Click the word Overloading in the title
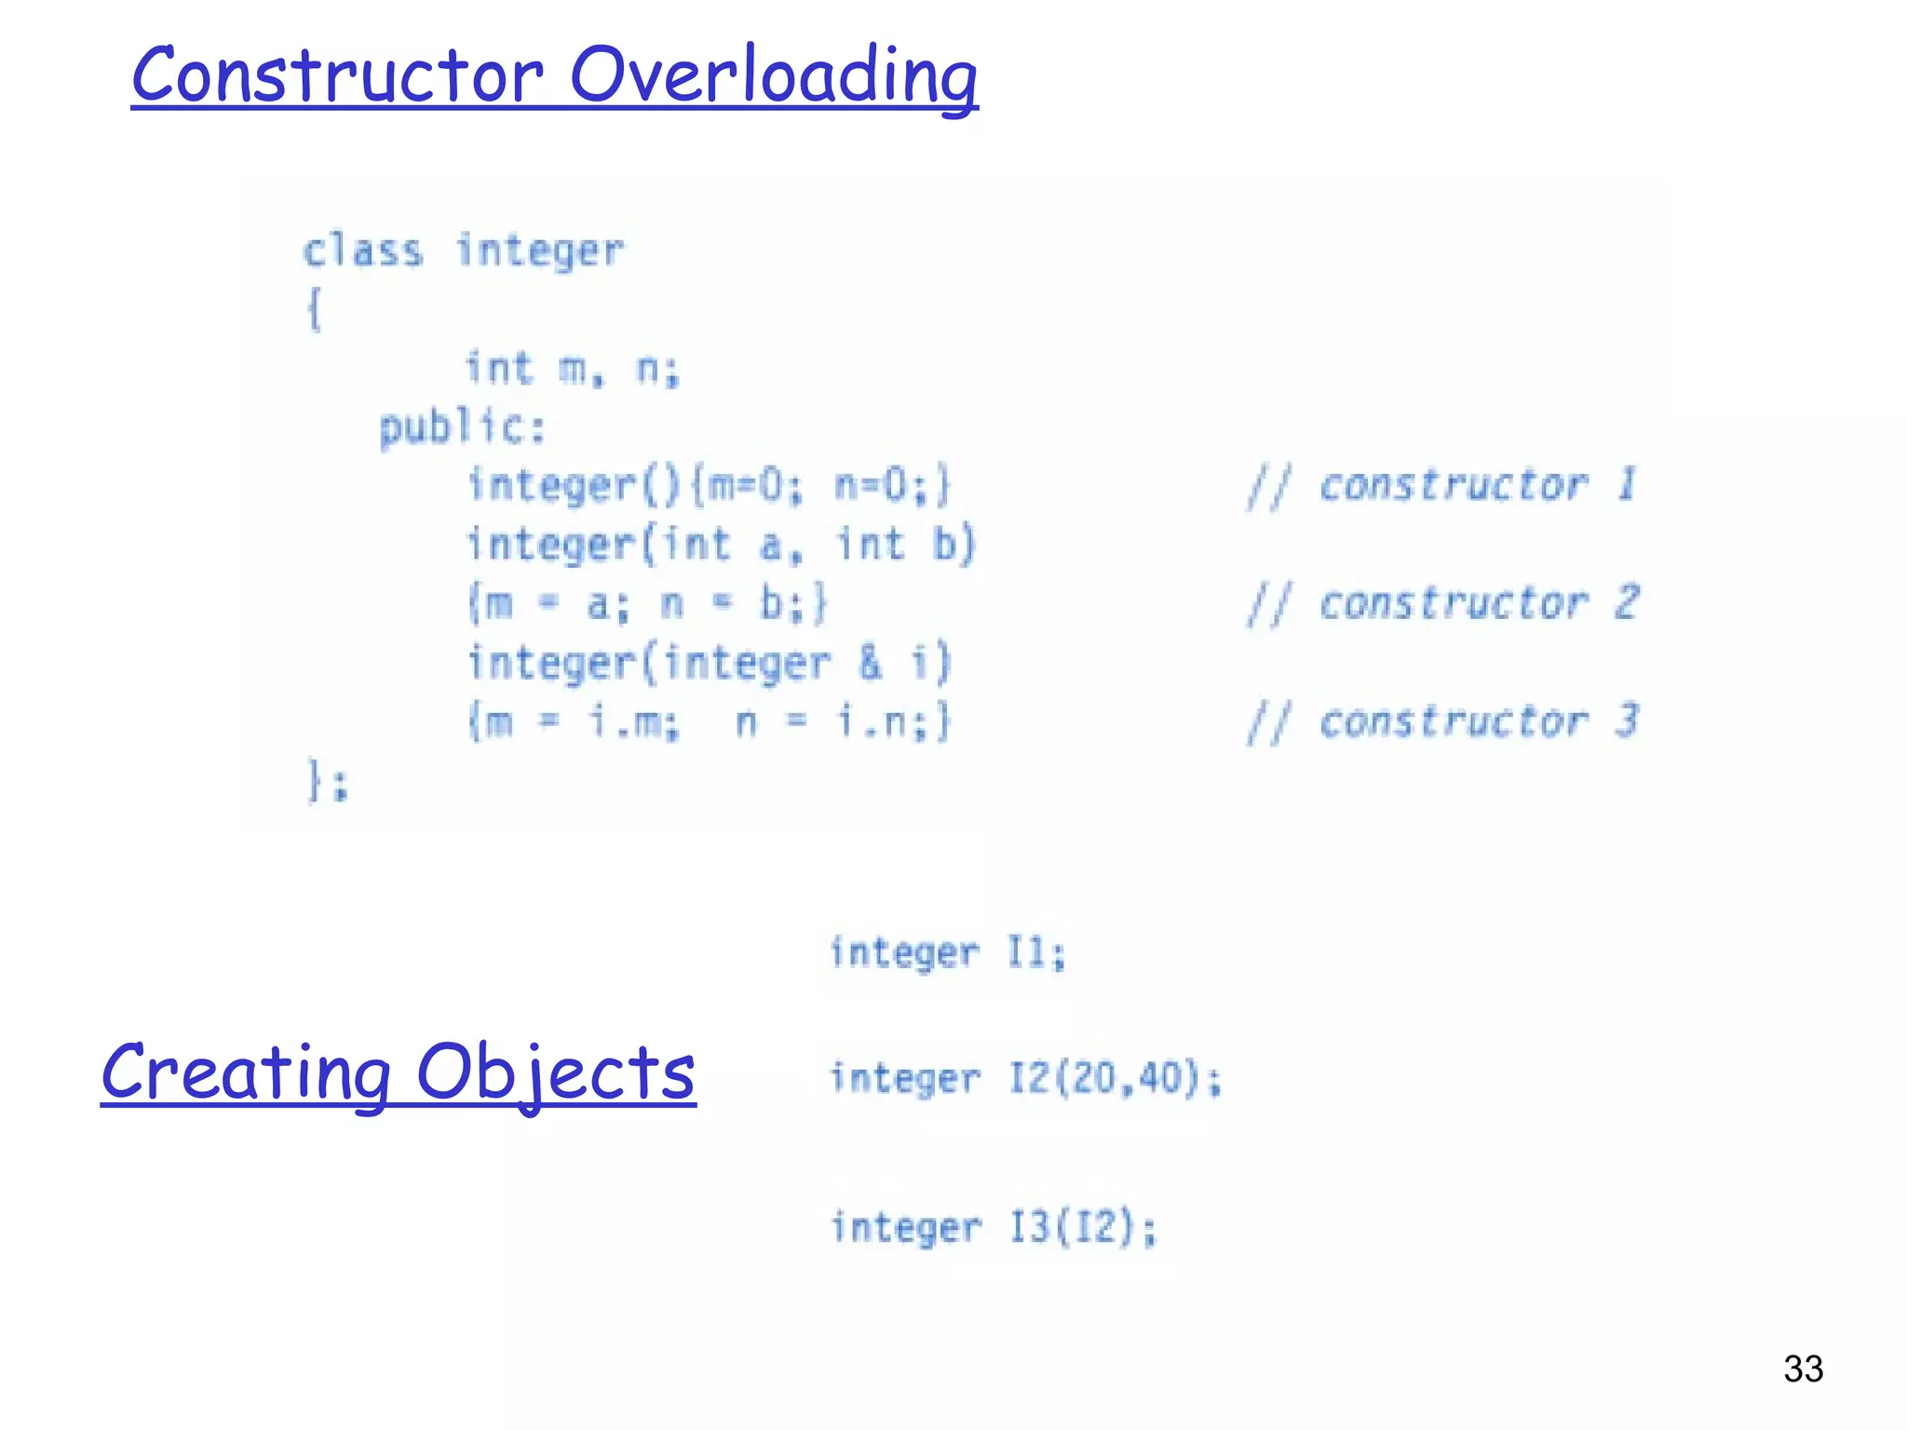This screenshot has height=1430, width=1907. (x=773, y=76)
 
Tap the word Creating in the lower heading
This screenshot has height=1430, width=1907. (x=246, y=1072)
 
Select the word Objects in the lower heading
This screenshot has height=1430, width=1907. (x=555, y=1072)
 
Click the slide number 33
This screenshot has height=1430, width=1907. (x=1803, y=1369)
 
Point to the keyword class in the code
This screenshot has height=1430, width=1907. (x=363, y=251)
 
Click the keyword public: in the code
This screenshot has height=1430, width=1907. (x=462, y=428)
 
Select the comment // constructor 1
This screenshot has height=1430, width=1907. (x=1441, y=486)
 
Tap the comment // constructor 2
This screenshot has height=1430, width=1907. (x=1443, y=603)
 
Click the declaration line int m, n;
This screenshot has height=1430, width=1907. (x=572, y=370)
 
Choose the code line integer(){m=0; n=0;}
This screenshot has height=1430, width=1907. (x=708, y=486)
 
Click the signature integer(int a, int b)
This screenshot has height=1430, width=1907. (x=721, y=545)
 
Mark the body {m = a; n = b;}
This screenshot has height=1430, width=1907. (x=646, y=603)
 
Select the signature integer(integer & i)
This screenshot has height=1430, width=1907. (x=708, y=663)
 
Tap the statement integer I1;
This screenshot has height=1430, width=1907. (x=946, y=952)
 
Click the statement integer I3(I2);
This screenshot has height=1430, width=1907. (x=993, y=1227)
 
